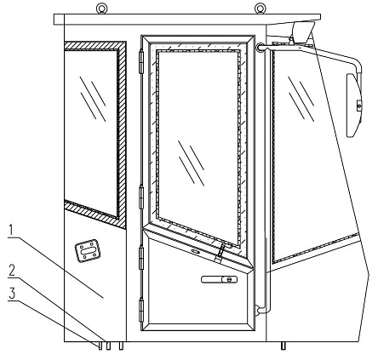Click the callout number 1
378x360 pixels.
(11, 230)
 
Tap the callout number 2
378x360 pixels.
(11, 270)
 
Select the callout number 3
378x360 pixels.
(12, 294)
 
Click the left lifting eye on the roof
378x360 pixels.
(101, 9)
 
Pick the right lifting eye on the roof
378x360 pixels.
(260, 9)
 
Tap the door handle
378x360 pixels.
(219, 279)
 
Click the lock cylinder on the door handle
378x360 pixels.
(230, 279)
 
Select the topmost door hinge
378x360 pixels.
(141, 61)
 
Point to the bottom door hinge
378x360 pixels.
(141, 310)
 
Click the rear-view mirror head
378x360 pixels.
(353, 106)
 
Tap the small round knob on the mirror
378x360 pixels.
(358, 106)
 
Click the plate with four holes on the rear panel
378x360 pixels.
(88, 251)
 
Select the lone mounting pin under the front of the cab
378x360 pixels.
(283, 346)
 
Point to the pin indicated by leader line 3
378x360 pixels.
(100, 346)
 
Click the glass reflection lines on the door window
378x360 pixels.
(192, 163)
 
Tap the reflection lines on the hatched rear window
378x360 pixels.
(93, 99)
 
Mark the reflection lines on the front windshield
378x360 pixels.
(301, 99)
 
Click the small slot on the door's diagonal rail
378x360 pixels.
(195, 251)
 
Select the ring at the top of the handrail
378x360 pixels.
(261, 48)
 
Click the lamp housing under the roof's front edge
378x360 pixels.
(301, 32)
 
